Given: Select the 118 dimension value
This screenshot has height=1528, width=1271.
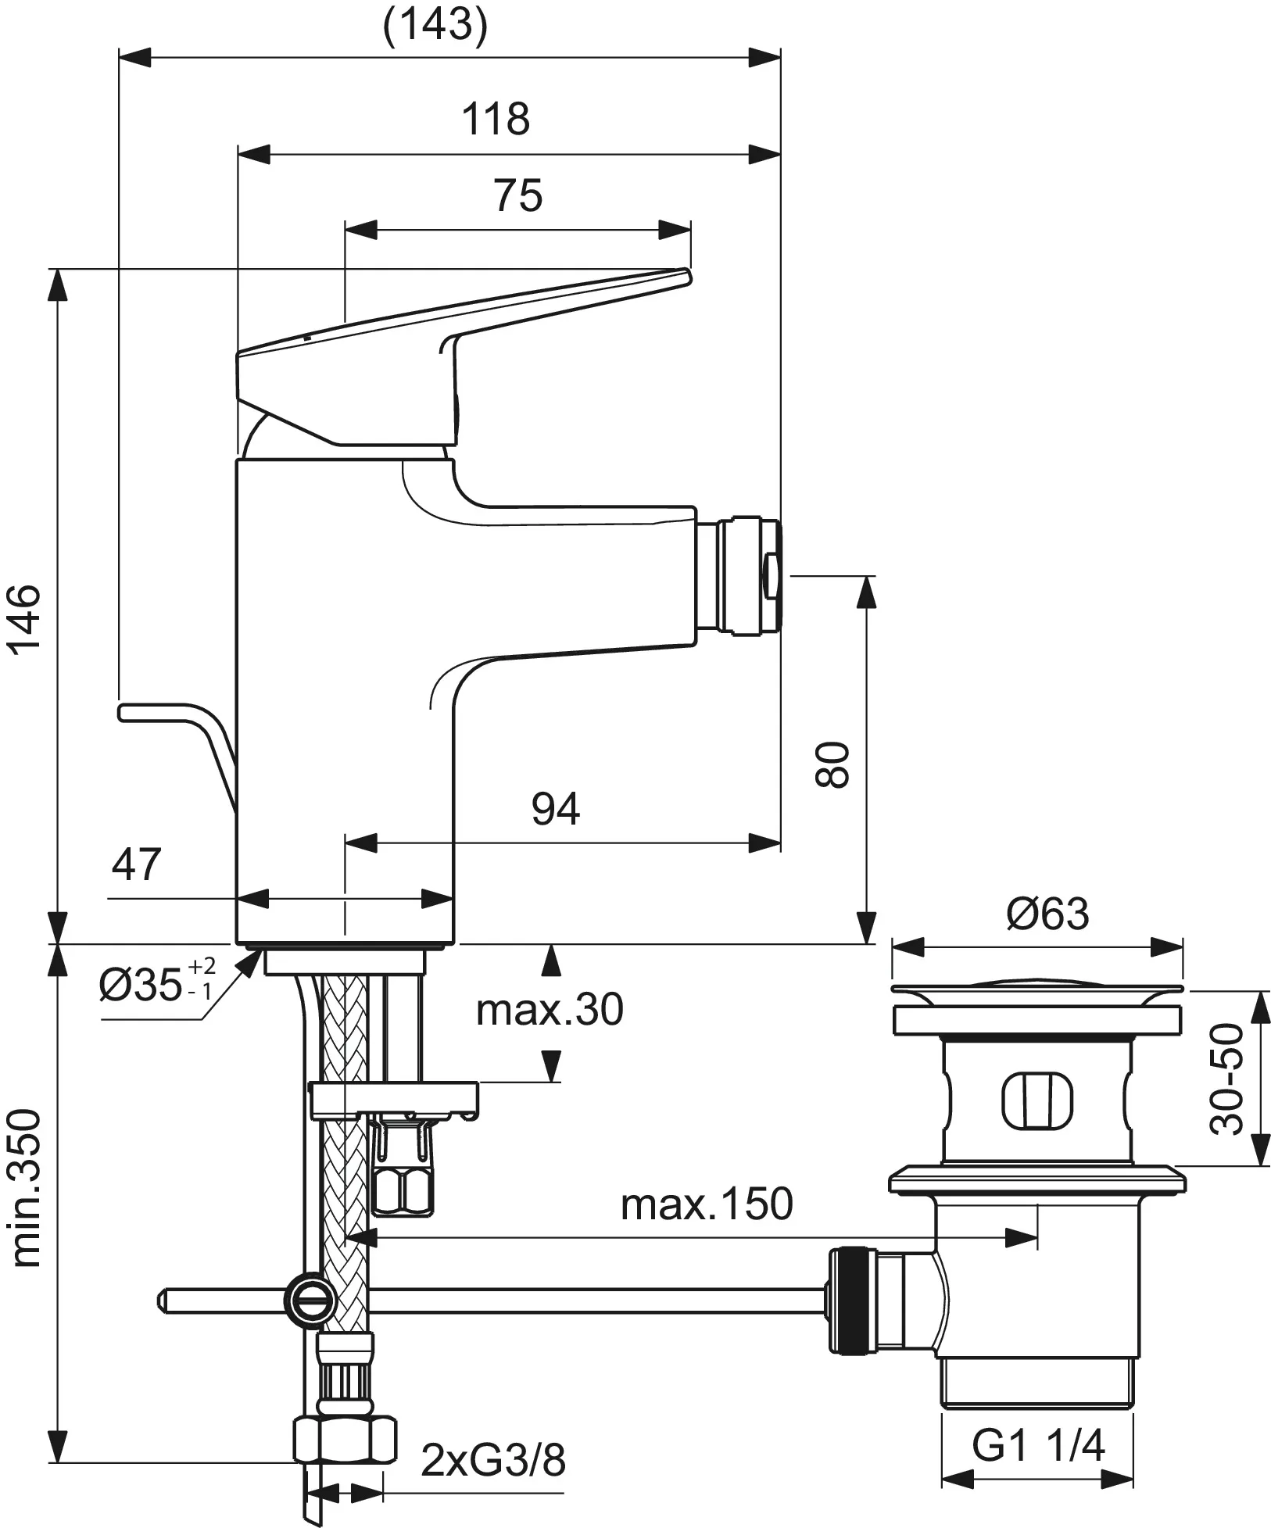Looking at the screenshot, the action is [x=495, y=120].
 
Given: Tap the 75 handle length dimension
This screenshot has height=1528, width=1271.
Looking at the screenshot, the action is [x=517, y=195].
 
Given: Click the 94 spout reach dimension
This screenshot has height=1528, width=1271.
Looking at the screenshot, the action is [x=556, y=808].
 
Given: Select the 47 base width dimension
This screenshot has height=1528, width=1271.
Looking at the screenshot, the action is [x=136, y=864].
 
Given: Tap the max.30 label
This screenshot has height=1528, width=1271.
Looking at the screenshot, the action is [x=550, y=1010].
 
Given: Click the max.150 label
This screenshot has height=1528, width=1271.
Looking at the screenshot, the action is [x=707, y=1204].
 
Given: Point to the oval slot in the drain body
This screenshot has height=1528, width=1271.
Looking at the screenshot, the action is [x=1037, y=1101].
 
